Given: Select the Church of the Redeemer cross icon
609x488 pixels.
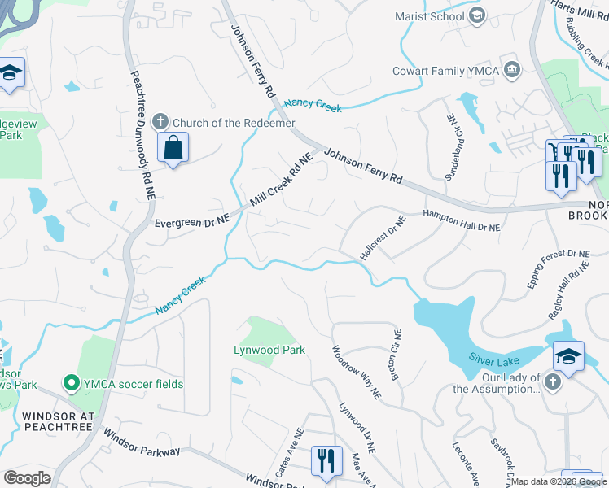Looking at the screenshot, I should (x=160, y=122).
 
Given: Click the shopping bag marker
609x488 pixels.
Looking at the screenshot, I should (x=173, y=148).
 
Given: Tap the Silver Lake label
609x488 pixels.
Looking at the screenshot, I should (x=494, y=357).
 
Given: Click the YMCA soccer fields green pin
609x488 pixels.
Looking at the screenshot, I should (x=72, y=383).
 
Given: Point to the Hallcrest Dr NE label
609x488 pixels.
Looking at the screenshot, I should (x=383, y=238).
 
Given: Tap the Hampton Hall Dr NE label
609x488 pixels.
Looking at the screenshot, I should (x=460, y=221).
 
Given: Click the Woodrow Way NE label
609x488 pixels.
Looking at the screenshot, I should (x=356, y=372).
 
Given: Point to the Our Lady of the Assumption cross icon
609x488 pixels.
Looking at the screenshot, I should (x=553, y=382).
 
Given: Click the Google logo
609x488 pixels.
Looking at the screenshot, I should (x=27, y=478).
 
